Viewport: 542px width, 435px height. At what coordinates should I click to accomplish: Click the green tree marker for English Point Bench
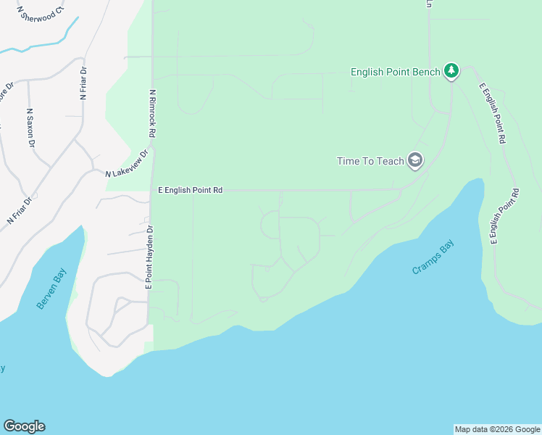coord(452,70)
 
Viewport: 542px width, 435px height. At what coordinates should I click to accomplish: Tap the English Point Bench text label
coord(395,72)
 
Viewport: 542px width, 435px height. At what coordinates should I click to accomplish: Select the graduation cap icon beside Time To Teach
coord(415,160)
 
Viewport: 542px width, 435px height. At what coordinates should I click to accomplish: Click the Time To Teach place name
coord(370,161)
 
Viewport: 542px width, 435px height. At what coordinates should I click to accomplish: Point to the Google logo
coord(24,426)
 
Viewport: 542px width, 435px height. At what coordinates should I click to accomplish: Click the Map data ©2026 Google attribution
coord(497,429)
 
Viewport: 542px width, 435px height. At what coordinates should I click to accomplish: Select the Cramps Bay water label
coord(433,257)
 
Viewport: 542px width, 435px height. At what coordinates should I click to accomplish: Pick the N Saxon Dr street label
coord(30,128)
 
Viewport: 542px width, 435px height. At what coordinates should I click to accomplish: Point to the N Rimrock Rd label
coord(152,115)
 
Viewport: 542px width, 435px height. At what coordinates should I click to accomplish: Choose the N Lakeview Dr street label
coord(127,165)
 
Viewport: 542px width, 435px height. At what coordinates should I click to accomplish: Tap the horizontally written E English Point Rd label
coord(190,190)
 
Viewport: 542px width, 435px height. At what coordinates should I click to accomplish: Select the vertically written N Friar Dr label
coord(83,83)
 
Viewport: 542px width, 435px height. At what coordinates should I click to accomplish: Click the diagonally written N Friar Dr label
coord(20,210)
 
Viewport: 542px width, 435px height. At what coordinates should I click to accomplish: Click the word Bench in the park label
coord(427,72)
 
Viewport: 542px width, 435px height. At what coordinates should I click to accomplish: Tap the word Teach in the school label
coord(391,161)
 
